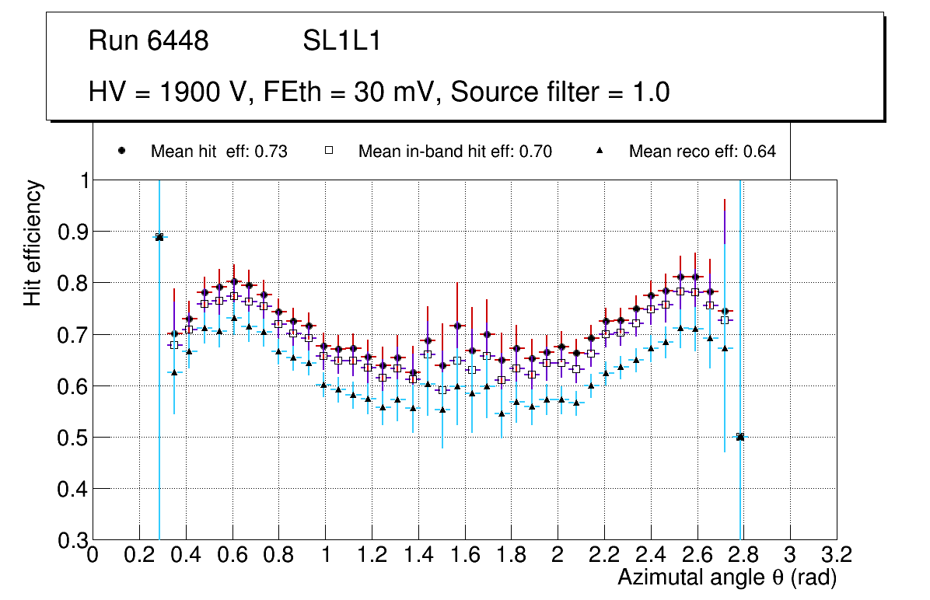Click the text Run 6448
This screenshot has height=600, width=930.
coord(149,41)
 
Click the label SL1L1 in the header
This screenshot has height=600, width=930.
coord(341,41)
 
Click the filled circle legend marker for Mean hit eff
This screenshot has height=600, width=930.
coord(121,151)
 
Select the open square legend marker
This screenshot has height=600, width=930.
coord(329,151)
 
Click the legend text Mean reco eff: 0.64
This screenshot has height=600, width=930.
coord(701,152)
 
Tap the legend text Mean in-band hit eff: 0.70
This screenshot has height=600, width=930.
coord(455,152)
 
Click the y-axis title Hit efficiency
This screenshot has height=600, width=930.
coord(33,242)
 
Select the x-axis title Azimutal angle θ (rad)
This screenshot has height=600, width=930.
coord(727,577)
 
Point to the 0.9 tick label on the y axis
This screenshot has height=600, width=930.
coord(73,232)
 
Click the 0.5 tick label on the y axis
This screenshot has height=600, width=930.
coord(73,438)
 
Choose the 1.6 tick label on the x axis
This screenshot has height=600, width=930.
coord(464,555)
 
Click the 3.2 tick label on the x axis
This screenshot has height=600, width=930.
coord(837,555)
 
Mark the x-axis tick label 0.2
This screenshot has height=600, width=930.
coord(139,555)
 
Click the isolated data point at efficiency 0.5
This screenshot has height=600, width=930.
coord(740,437)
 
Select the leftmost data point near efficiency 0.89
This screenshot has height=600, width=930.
coord(159,237)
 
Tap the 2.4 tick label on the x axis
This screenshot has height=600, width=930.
coord(650,555)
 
